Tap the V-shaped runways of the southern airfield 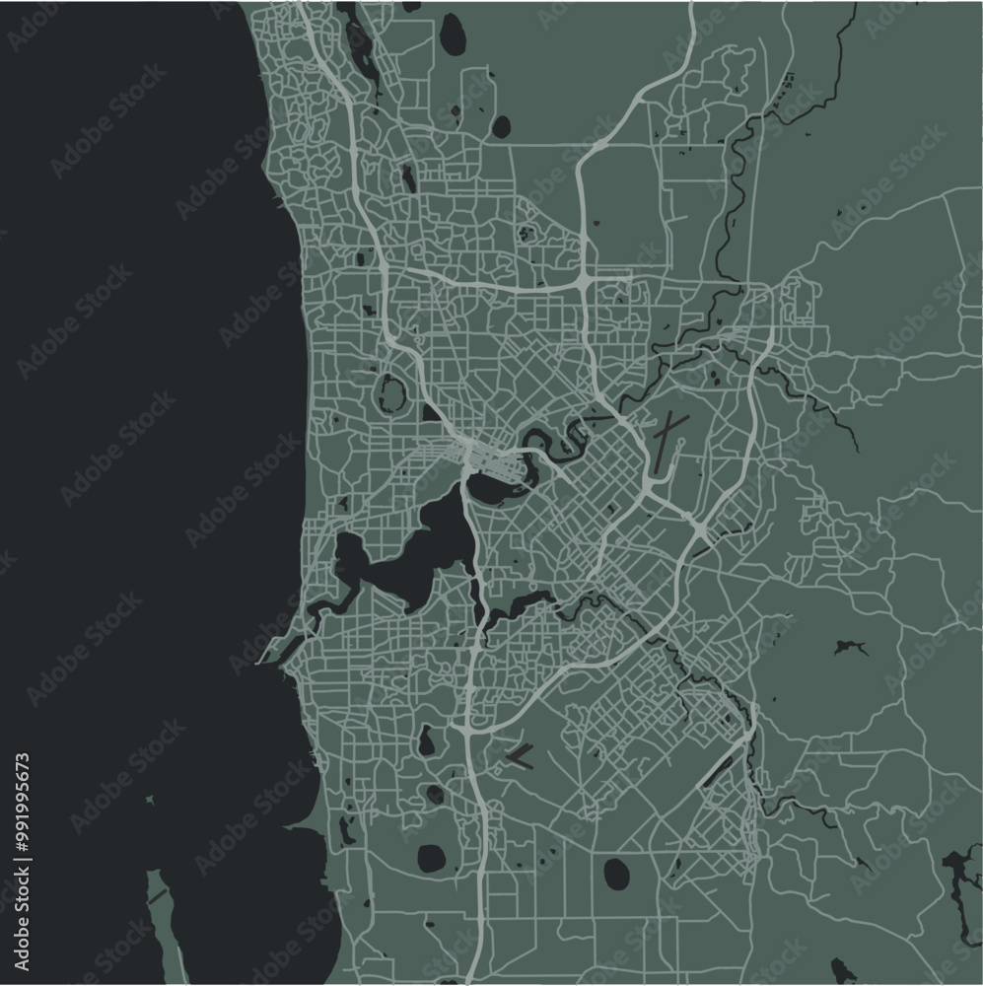[519, 756]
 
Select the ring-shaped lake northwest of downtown [391, 392]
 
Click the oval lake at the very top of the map [453, 35]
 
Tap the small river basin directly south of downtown [490, 486]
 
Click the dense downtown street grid [476, 456]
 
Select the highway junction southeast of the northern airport [699, 531]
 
